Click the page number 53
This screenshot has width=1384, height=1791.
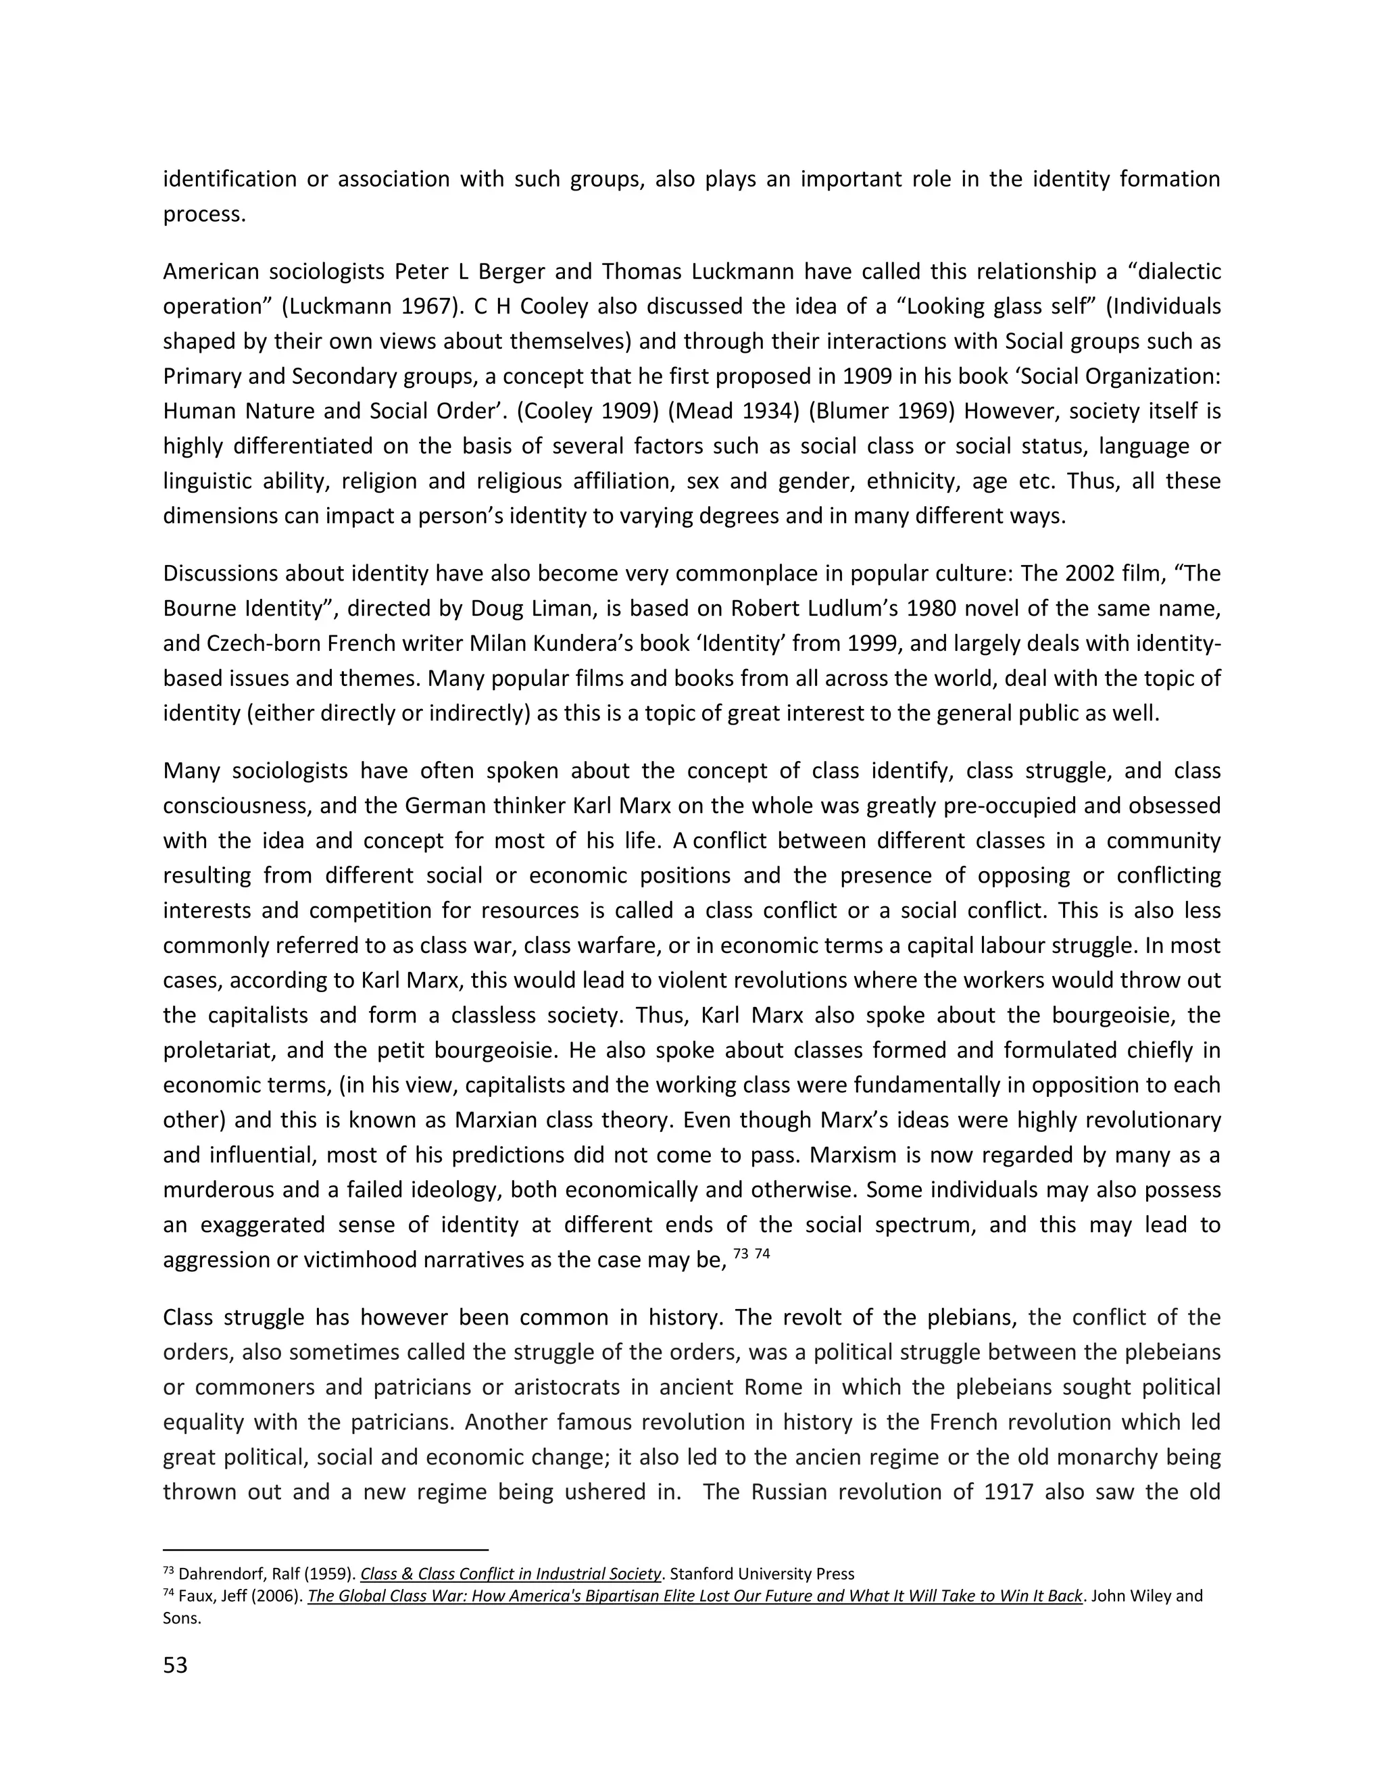point(176,1665)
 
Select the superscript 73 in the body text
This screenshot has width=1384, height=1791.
point(739,1253)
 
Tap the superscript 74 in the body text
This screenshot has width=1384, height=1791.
point(762,1253)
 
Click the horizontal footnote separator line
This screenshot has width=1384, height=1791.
point(326,1550)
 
